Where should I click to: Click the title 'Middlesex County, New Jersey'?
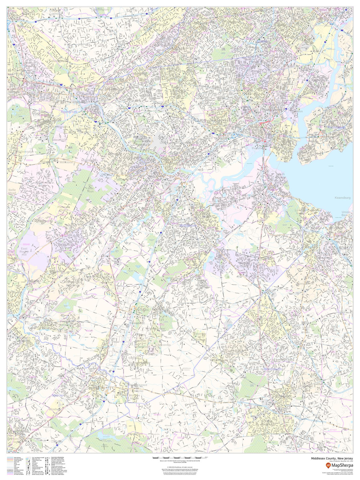click(x=332, y=458)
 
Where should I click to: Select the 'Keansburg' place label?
click(x=342, y=198)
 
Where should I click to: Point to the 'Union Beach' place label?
click(x=346, y=214)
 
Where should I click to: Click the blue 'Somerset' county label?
click(x=69, y=112)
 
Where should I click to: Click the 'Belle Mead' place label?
click(x=12, y=191)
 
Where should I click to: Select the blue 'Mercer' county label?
click(x=58, y=396)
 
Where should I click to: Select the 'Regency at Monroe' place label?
click(x=199, y=336)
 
